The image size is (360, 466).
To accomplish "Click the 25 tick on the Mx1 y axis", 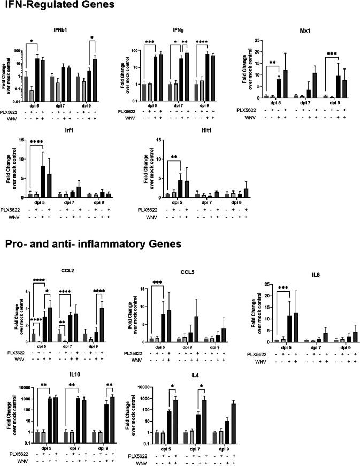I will (x=253, y=40).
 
